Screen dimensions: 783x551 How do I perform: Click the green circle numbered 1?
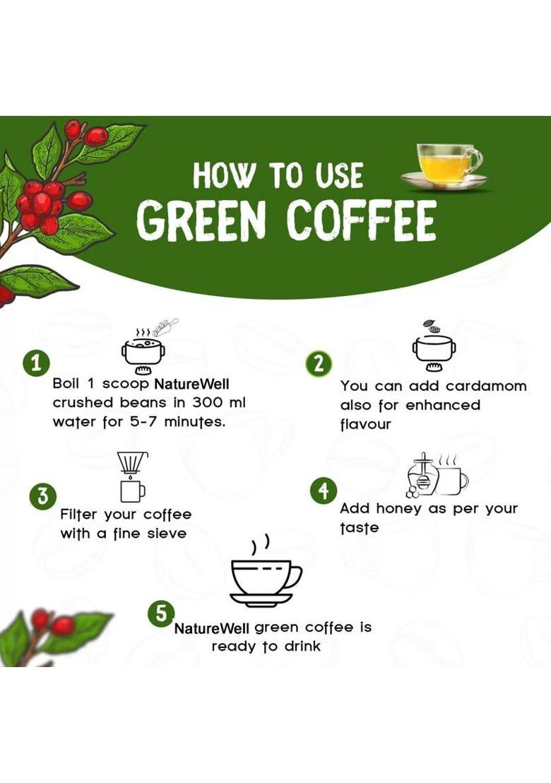pyautogui.click(x=36, y=363)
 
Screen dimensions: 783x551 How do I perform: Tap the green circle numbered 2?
pyautogui.click(x=319, y=363)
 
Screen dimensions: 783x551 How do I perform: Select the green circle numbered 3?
pyautogui.click(x=43, y=495)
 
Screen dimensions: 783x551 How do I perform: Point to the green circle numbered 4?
pyautogui.click(x=324, y=490)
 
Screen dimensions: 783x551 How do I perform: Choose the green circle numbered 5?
pyautogui.click(x=160, y=613)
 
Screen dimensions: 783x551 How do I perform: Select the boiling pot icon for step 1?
pyautogui.click(x=143, y=346)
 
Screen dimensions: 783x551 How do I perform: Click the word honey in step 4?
pyautogui.click(x=398, y=509)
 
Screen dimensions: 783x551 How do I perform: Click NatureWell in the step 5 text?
pyautogui.click(x=212, y=628)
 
